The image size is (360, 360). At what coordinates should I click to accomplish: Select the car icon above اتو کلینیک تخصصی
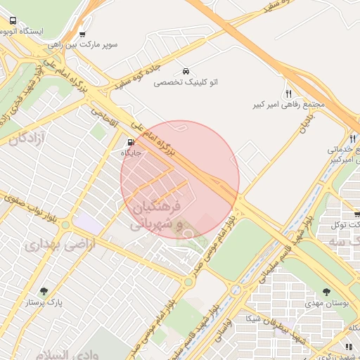[x=186, y=72]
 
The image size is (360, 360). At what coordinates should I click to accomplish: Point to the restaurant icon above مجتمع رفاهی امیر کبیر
[x=288, y=94]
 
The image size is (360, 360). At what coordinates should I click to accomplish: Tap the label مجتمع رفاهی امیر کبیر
[x=288, y=105]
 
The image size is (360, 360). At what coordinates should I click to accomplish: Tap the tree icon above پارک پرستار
[x=44, y=291]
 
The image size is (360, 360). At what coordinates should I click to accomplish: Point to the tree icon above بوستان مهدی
[x=326, y=291]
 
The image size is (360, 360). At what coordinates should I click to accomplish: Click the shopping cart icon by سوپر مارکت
[x=82, y=34]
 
